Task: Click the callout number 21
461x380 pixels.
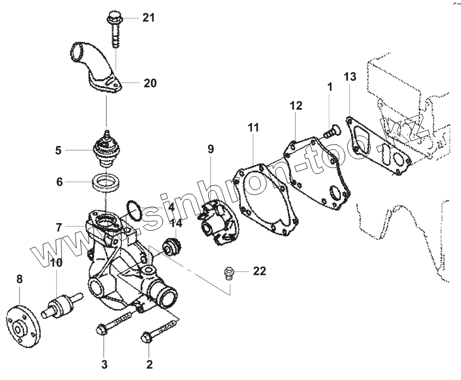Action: pos(148,17)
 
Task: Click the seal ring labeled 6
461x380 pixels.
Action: pos(106,181)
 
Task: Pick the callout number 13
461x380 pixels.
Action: pos(350,77)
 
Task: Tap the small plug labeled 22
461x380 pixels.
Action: pos(229,271)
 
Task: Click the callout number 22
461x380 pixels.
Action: pos(259,271)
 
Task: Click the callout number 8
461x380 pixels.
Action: pos(20,279)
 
